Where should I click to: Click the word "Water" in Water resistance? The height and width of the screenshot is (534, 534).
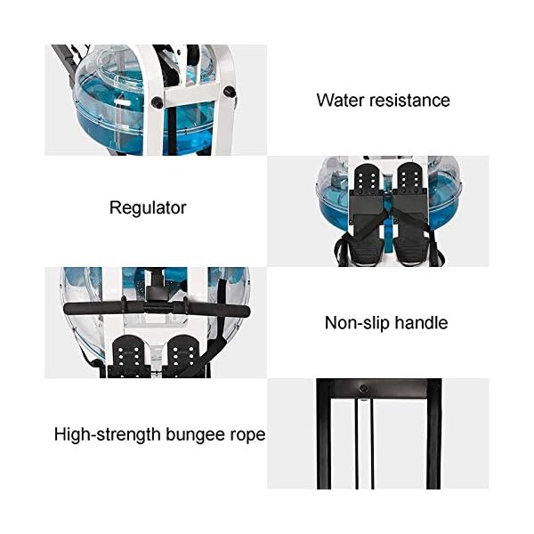(339, 99)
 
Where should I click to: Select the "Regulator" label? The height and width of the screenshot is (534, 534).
(148, 208)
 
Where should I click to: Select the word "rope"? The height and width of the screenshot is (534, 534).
(247, 435)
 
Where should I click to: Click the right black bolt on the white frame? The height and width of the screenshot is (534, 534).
(231, 92)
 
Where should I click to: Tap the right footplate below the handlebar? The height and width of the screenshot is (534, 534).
(183, 352)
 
